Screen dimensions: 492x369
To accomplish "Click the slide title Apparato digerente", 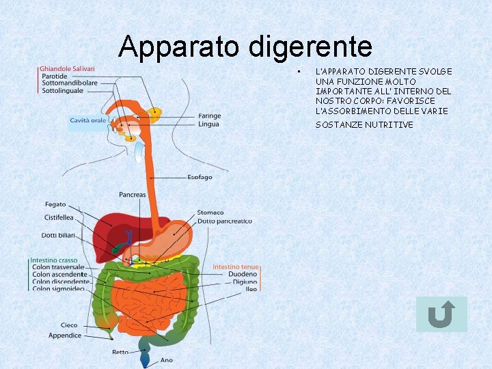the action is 245,47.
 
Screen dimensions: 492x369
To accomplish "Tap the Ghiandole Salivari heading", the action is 67,68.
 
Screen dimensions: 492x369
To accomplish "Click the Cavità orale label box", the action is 88,121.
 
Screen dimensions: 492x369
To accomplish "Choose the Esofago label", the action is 200,177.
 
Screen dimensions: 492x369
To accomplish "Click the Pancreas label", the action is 132,195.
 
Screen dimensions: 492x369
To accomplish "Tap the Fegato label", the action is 55,204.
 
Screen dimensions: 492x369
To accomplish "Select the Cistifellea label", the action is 59,218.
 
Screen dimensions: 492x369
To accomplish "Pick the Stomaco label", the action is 210,213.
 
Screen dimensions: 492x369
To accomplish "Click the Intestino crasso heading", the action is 54,260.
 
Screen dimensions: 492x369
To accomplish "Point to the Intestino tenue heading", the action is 236,267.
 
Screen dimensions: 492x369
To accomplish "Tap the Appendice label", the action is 65,336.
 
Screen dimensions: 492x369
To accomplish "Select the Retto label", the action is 120,353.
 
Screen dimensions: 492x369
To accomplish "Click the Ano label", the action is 167,359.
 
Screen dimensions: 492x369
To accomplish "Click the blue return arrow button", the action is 441,315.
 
